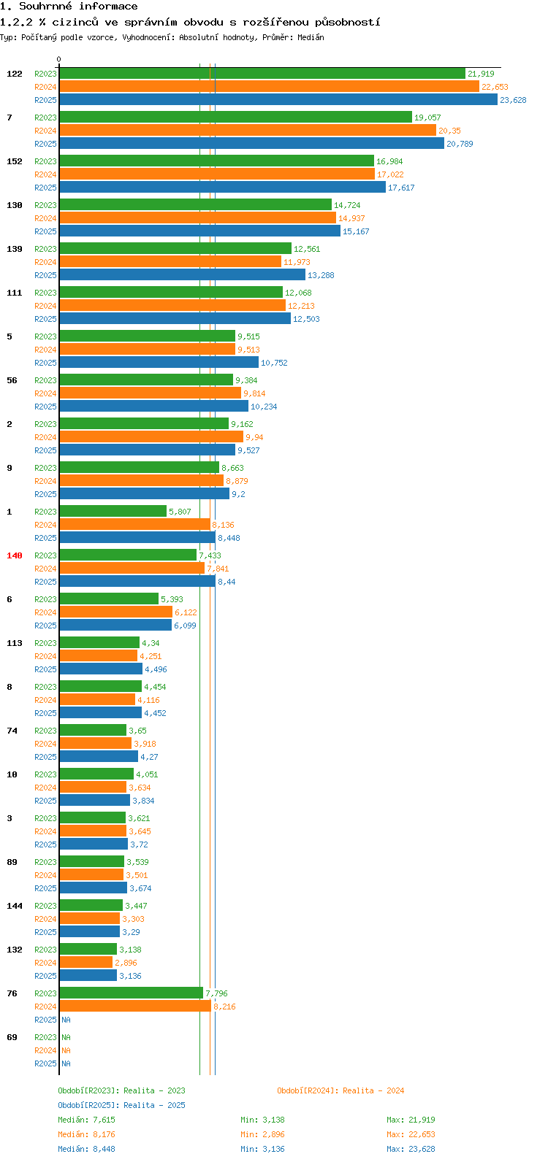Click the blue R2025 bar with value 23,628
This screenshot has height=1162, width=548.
[x=278, y=100]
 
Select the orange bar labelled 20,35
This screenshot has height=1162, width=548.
[x=247, y=131]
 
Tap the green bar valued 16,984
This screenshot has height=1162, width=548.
[x=216, y=161]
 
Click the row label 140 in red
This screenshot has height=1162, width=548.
[x=15, y=555]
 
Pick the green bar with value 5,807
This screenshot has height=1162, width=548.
[x=113, y=512]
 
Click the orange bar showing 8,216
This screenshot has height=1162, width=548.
[x=135, y=1007]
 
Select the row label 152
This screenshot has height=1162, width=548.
[x=15, y=161]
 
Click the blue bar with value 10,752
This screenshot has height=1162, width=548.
[x=159, y=363]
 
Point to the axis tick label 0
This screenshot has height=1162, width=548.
[x=59, y=60]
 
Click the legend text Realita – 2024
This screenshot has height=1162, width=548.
[x=373, y=1090]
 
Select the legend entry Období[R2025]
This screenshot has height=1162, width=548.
[x=88, y=1105]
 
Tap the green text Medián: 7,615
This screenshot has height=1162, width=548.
[x=86, y=1120]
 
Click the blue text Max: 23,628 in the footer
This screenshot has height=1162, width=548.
[x=411, y=1149]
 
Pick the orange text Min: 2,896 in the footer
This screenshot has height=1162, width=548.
[x=262, y=1134]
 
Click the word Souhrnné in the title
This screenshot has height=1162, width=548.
[x=46, y=7]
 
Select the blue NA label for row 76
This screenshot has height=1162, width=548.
[x=66, y=1020]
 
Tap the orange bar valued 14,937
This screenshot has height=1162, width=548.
[x=197, y=218]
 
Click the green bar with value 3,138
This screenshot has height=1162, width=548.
[x=88, y=950]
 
